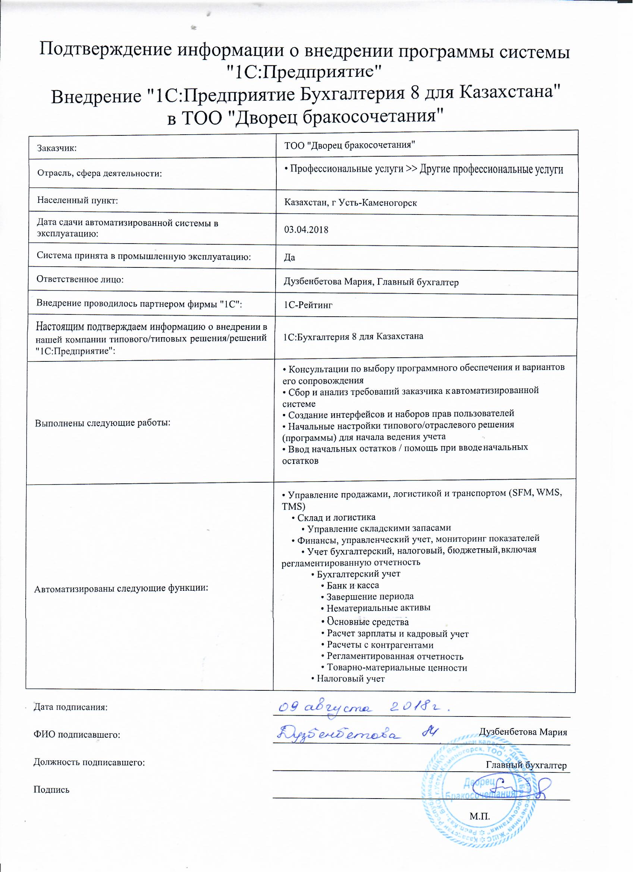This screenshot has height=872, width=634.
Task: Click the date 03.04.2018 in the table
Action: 306,230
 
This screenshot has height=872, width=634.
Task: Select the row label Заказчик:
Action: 57,148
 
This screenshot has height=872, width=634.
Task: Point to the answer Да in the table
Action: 289,258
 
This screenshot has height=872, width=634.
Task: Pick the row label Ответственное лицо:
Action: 80,279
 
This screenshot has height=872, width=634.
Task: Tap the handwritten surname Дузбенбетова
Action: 338,734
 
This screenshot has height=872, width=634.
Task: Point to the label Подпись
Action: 51,790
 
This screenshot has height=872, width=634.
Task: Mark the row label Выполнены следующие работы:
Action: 103,423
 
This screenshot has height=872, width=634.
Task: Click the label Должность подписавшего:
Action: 89,762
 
